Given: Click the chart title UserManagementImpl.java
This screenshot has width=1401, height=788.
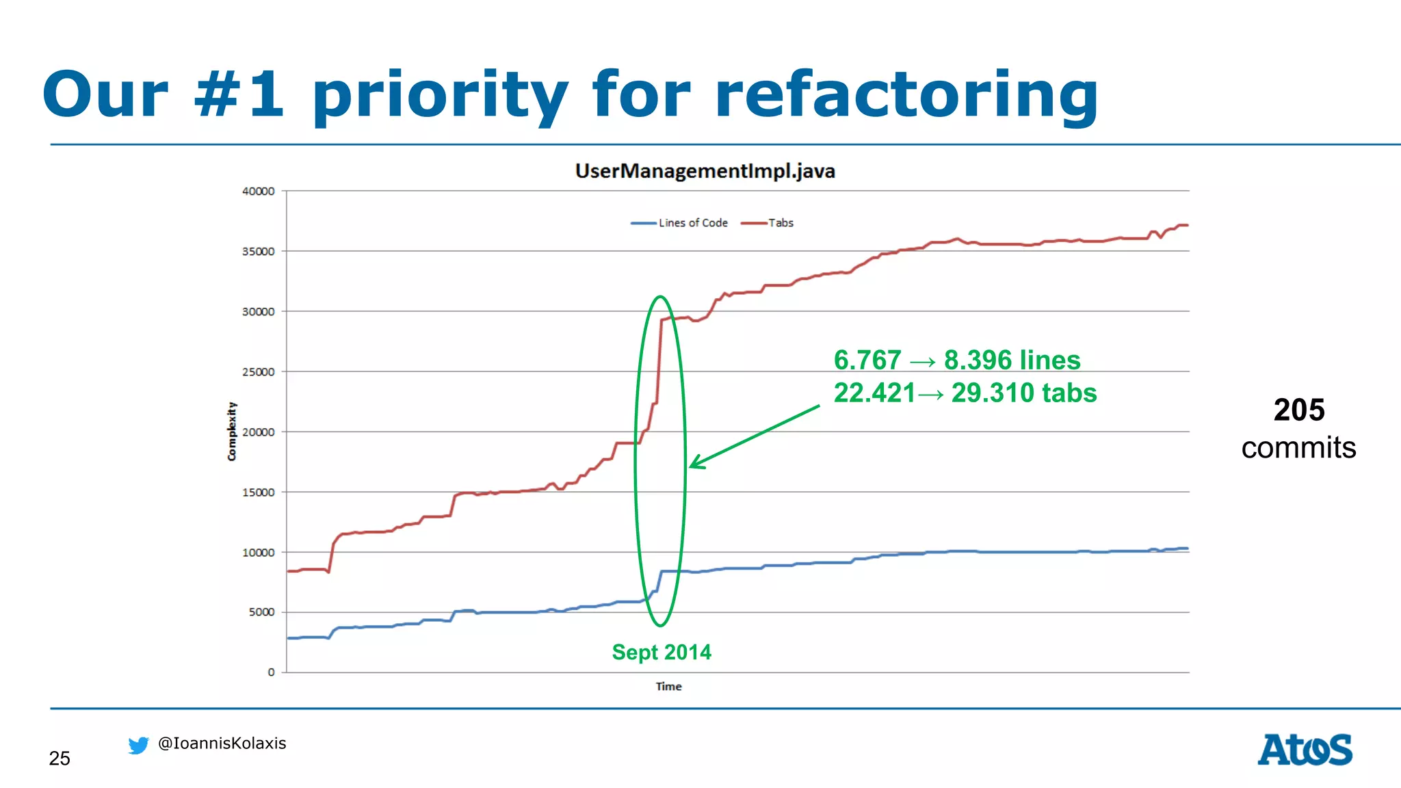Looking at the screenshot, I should click(705, 171).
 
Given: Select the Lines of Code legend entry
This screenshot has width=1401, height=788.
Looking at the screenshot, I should click(692, 223).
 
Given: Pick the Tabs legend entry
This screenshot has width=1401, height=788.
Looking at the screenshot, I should click(781, 223).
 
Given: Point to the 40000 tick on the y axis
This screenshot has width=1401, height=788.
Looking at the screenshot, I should click(259, 192).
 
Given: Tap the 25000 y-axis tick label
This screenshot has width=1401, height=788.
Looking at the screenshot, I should click(259, 372).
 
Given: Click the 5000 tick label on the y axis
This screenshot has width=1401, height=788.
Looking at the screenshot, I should click(261, 612).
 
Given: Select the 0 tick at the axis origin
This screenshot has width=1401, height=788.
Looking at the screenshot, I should click(272, 672).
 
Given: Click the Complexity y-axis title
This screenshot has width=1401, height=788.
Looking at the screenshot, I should click(232, 431).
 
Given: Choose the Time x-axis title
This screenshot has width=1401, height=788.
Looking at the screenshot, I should click(668, 687).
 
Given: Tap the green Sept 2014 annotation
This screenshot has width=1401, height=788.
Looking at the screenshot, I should click(662, 652).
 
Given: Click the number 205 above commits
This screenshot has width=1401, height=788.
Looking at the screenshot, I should click(1299, 410).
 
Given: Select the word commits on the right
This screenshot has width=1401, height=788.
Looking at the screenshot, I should click(1298, 448).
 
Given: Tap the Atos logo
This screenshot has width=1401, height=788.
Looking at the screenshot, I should click(1305, 750).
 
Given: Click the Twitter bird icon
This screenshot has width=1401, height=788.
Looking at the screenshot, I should click(138, 745).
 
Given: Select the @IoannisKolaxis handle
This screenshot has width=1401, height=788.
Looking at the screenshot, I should click(222, 744).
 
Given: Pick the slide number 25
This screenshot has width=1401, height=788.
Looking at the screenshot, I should click(60, 759).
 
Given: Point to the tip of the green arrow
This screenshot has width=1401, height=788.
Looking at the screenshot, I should click(691, 467).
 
